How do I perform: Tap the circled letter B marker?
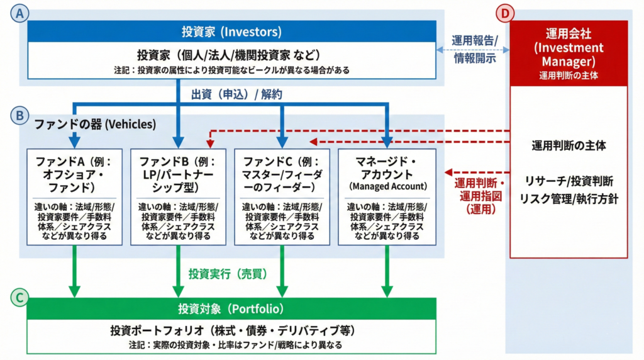pyautogui.click(x=19, y=116)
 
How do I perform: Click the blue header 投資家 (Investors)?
pyautogui.click(x=231, y=31)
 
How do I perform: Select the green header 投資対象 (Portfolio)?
pyautogui.click(x=231, y=308)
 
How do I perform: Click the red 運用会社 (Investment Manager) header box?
pyautogui.click(x=568, y=53)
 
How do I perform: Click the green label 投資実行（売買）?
pyautogui.click(x=228, y=274)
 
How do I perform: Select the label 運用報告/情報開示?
pyautogui.click(x=475, y=48)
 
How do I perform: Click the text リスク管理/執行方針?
pyautogui.click(x=569, y=198)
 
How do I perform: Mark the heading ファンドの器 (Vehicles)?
pyautogui.click(x=93, y=124)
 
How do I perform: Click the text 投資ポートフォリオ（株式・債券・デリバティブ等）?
pyautogui.click(x=231, y=330)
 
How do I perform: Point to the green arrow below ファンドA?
pyautogui.click(x=75, y=271)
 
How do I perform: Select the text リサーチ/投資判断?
pyautogui.click(x=569, y=181)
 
